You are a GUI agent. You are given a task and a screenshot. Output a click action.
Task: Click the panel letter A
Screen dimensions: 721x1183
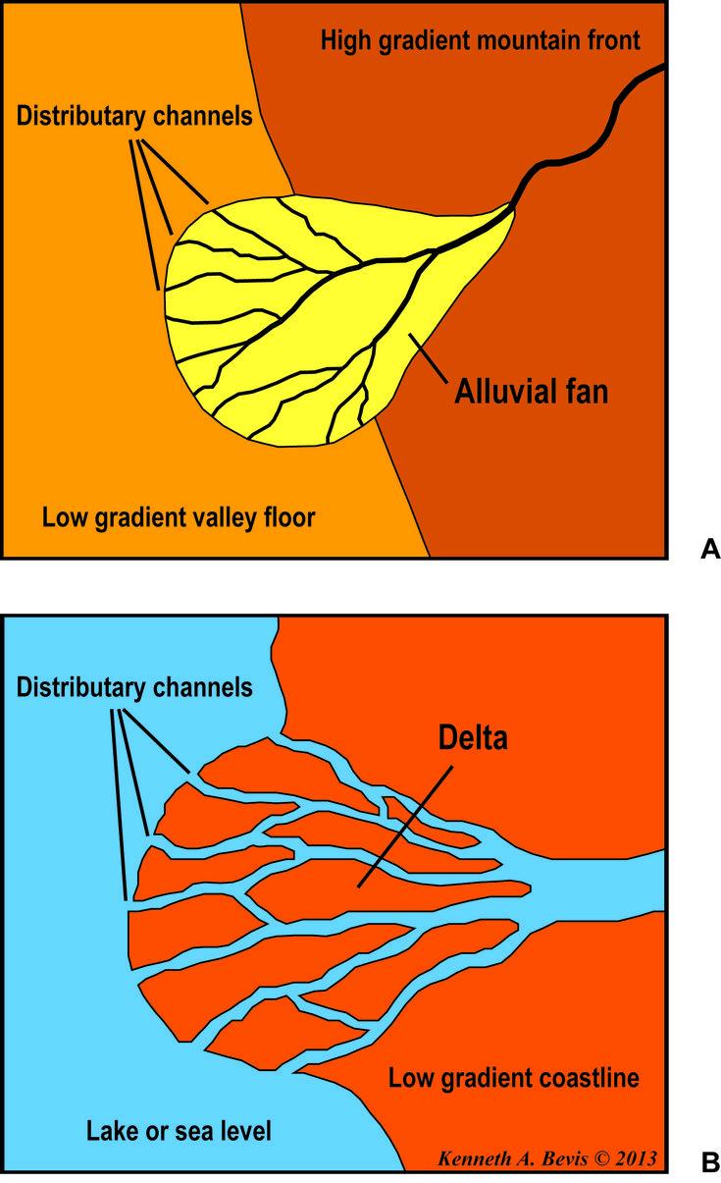[710, 549]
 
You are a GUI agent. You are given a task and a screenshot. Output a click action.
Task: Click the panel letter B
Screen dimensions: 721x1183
[710, 1162]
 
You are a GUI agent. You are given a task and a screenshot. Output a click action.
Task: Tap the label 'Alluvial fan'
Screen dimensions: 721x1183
[531, 392]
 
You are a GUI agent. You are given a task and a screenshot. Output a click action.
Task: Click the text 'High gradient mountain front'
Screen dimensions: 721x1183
[481, 41]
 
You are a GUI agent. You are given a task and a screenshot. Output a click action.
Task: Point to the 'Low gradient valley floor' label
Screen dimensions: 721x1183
[179, 517]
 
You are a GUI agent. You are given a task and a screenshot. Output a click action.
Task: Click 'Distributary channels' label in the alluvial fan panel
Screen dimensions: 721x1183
[134, 116]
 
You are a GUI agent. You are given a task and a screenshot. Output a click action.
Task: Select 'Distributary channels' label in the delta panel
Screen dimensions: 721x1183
[134, 687]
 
